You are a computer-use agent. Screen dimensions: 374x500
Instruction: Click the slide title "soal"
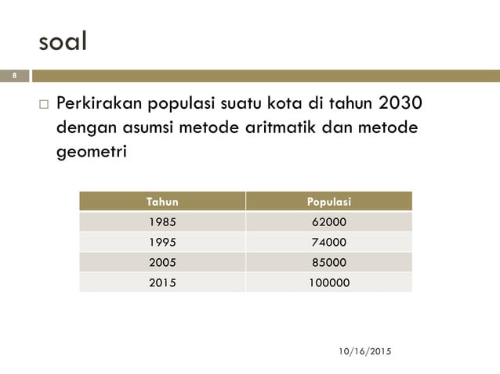pyautogui.click(x=63, y=41)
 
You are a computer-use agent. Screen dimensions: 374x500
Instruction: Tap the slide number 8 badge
pyautogui.click(x=13, y=76)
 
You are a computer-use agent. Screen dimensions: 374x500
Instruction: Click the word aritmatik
pyautogui.click(x=285, y=128)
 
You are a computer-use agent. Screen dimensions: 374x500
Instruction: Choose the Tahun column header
pyautogui.click(x=162, y=202)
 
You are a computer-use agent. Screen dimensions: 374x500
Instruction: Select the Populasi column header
pyautogui.click(x=329, y=202)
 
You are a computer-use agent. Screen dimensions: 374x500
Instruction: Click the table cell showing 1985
pyautogui.click(x=162, y=222)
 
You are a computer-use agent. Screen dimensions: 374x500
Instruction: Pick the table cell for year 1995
pyautogui.click(x=162, y=243)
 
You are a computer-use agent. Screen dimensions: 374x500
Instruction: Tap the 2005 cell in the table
pyautogui.click(x=162, y=262)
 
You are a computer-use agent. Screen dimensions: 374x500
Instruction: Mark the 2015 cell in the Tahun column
pyautogui.click(x=162, y=282)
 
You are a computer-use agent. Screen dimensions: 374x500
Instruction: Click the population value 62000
pyautogui.click(x=329, y=222)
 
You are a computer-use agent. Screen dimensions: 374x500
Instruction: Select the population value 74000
pyautogui.click(x=329, y=243)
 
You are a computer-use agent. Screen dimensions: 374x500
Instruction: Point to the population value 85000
pyautogui.click(x=329, y=262)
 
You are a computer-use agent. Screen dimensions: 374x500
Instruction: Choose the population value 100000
pyautogui.click(x=329, y=282)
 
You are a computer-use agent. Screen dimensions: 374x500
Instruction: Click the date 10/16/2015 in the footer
pyautogui.click(x=364, y=352)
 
